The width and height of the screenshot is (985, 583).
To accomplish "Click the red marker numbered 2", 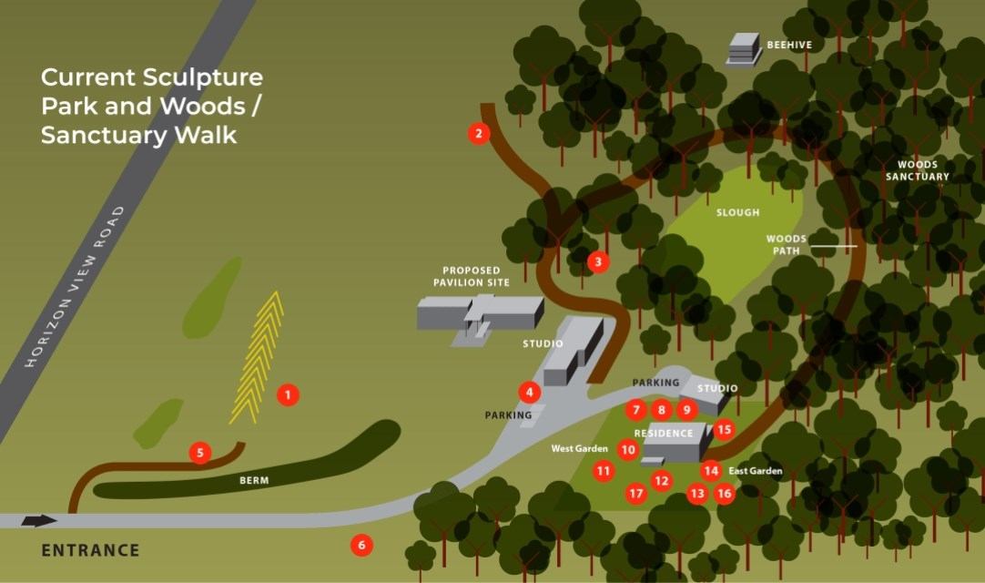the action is coord(479,134).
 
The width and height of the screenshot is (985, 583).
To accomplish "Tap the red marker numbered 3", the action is coord(597,262).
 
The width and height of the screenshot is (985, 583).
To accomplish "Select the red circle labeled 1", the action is coord(288,394).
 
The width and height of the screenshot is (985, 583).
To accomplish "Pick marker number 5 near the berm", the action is coord(200,452).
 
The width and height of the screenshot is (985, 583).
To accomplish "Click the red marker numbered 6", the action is coord(361,546).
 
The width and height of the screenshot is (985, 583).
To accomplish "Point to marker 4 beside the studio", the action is coord(529,392).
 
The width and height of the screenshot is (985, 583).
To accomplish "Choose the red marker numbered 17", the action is coord(636,494).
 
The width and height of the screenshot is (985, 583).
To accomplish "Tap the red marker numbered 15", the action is coord(724,429).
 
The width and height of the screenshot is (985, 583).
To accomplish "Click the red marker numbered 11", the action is coord(604,471).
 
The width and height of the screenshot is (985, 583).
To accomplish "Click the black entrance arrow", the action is coord(38,521).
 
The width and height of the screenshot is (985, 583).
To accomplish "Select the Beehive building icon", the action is coord(744,49).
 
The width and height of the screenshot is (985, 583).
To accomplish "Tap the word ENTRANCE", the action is coord(91,550).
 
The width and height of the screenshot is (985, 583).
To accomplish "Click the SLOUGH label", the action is coord(737,212).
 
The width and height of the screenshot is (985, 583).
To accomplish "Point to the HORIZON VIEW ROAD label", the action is coord(76,287).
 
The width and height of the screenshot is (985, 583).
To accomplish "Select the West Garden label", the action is coord(579,449).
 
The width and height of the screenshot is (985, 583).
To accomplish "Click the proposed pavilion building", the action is coord(478,315).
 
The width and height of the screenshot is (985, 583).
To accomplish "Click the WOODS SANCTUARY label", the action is coord(917,170).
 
